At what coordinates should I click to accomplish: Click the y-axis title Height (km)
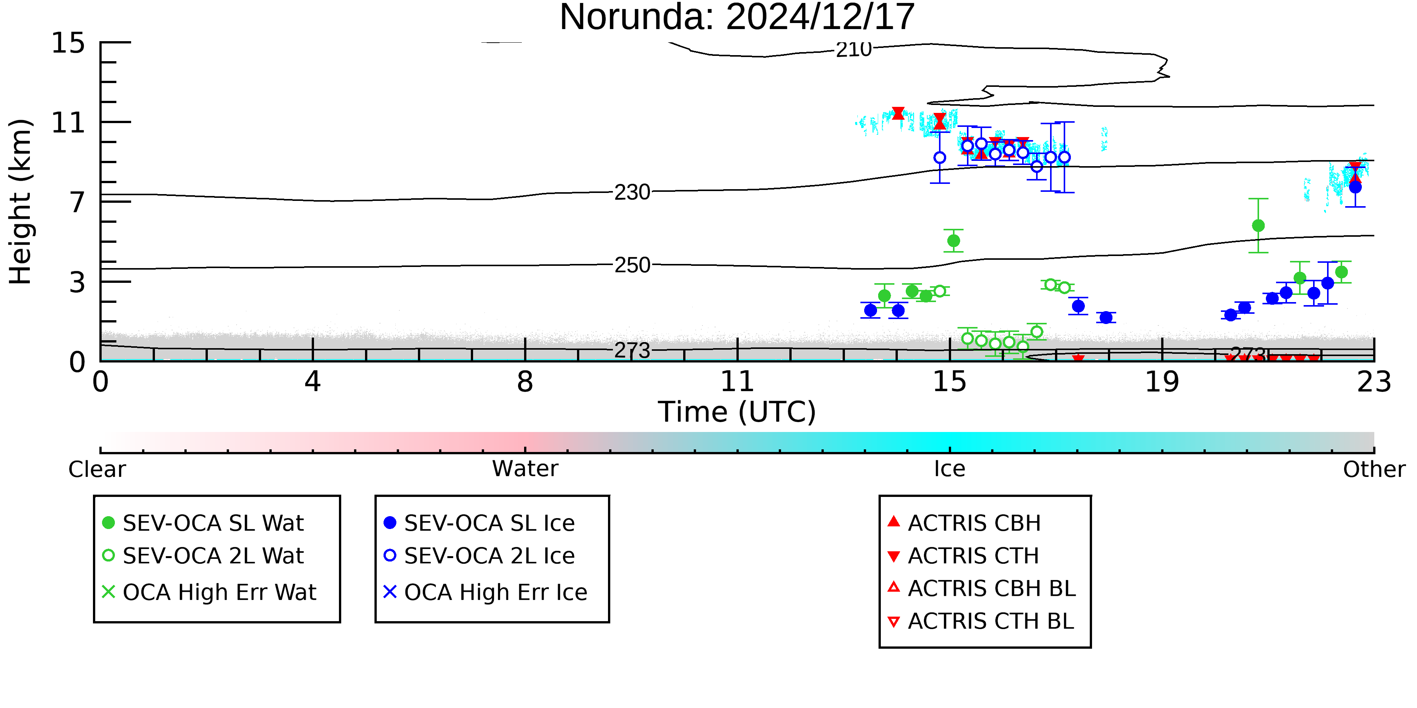coord(20,202)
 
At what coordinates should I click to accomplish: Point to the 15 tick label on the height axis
coord(68,43)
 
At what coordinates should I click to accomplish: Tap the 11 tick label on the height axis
coord(68,123)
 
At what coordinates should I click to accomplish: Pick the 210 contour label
coord(854,50)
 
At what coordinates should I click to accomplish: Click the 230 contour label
coord(632,193)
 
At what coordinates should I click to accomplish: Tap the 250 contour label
coord(632,265)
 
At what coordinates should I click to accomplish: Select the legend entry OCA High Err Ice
coord(485,592)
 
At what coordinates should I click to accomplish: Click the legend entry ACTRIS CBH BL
coord(981,588)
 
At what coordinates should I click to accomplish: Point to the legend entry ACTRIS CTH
coord(963,556)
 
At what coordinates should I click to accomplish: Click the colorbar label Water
coord(525,469)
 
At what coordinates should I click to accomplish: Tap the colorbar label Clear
coord(97,469)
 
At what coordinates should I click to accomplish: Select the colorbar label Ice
coord(950,469)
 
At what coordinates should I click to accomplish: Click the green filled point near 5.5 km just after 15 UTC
coord(953,241)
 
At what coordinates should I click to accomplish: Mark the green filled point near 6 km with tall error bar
coord(1258,226)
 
